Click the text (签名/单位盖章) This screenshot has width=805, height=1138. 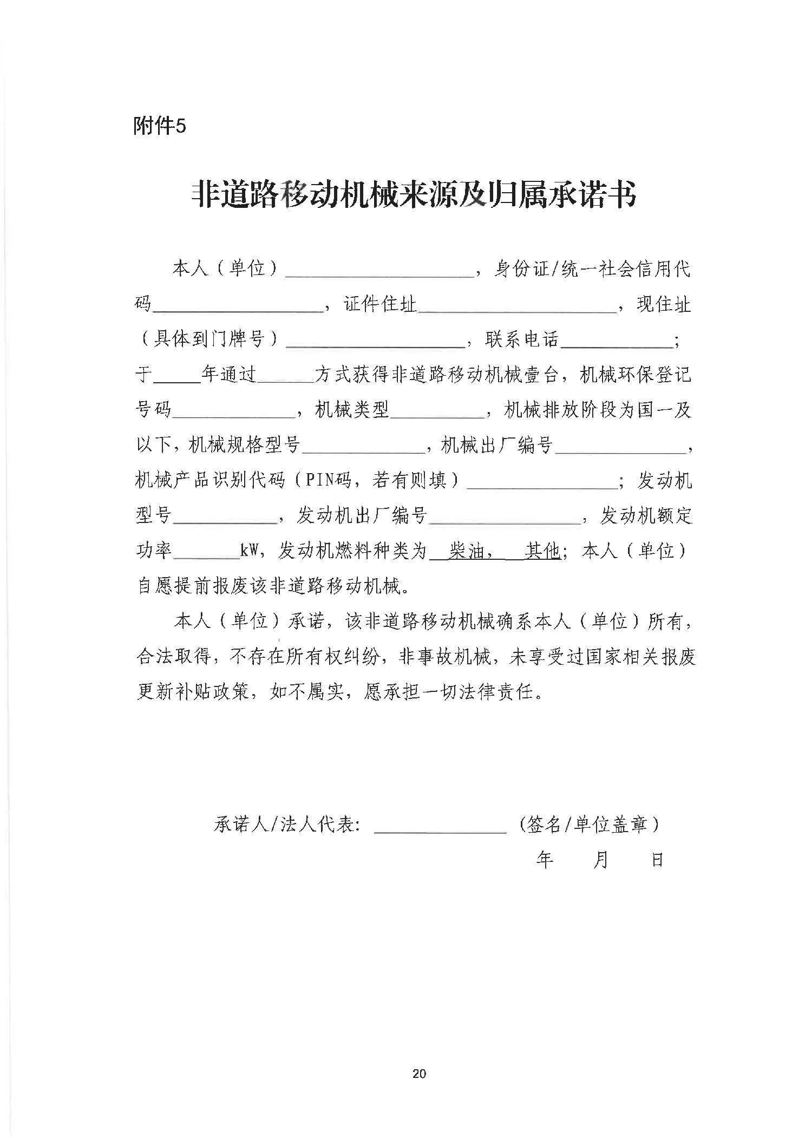(588, 825)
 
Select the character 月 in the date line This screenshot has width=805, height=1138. (601, 860)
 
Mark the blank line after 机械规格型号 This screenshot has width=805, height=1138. (363, 449)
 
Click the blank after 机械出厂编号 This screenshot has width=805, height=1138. (619, 449)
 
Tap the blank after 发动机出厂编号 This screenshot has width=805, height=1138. (503, 519)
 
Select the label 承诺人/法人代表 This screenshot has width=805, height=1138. (287, 825)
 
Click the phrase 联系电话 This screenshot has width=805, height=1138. (522, 339)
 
